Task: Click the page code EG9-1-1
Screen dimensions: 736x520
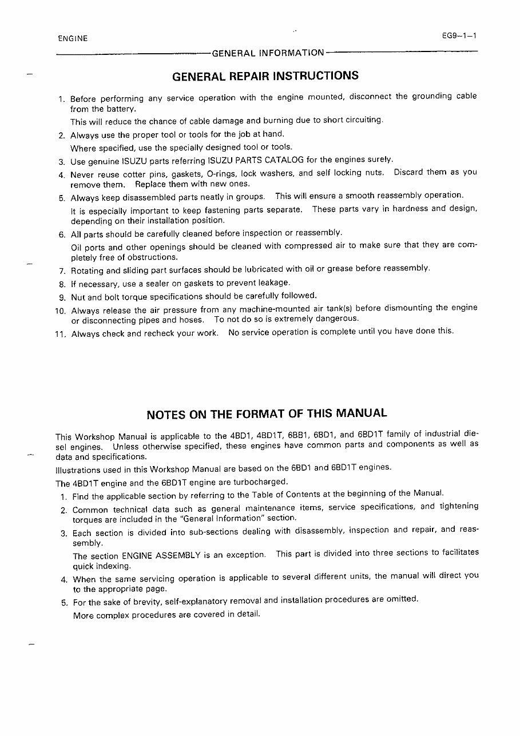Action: click(x=459, y=36)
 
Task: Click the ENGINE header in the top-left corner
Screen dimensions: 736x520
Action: click(x=73, y=39)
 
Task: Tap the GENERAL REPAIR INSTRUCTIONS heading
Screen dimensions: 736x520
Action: click(x=265, y=76)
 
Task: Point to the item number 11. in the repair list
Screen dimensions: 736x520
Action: click(x=61, y=335)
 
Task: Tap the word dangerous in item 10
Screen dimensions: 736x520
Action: click(x=338, y=319)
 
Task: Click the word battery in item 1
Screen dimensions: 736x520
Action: click(x=123, y=109)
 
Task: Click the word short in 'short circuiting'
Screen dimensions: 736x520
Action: click(x=334, y=120)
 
